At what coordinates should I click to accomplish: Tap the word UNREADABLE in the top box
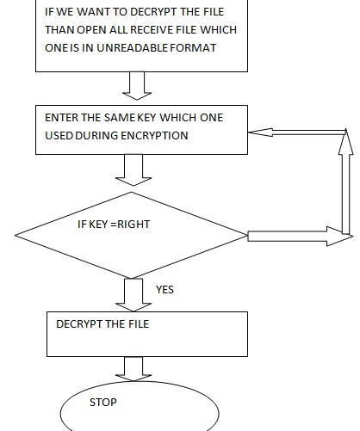[x=132, y=48]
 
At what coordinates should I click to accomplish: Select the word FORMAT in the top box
[x=193, y=48]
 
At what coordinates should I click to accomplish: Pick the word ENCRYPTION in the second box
[x=154, y=136]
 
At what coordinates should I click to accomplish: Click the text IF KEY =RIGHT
[x=114, y=225]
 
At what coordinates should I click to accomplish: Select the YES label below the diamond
[x=164, y=290]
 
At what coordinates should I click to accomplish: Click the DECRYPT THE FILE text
[x=102, y=324]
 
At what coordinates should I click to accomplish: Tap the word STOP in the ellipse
[x=103, y=403]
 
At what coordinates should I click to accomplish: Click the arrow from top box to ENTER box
[x=137, y=86]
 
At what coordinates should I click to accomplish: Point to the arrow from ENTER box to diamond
[x=133, y=170]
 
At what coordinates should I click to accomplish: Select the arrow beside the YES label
[x=133, y=295]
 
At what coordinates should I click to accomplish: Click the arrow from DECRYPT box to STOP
[x=133, y=369]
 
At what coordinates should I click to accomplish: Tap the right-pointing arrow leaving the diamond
[x=301, y=237]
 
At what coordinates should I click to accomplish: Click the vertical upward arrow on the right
[x=346, y=182]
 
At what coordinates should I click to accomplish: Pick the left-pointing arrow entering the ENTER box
[x=297, y=132]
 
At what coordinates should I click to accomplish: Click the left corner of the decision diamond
[x=15, y=235]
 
